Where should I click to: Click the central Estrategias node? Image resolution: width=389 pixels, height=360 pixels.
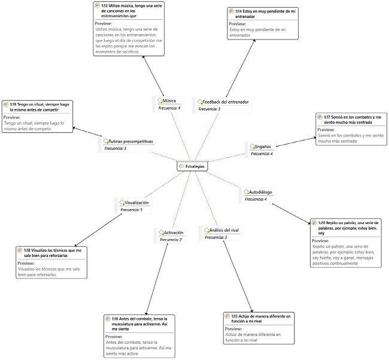point(192,166)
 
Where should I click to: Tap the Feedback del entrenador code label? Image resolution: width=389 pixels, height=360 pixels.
point(225,102)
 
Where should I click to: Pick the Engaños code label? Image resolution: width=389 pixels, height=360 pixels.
point(262,146)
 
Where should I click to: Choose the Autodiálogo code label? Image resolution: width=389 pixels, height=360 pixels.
point(260,192)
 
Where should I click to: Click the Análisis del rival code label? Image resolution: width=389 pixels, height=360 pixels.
point(223,230)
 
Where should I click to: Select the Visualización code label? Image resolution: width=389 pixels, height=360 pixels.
point(137,203)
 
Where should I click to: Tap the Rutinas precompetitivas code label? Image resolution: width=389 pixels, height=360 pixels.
point(130,141)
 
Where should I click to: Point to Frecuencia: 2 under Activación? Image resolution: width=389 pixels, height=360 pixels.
point(171,240)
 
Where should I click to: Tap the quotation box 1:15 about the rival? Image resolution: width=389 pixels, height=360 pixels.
point(259,327)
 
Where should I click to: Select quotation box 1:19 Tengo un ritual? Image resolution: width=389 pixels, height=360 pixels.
point(39,117)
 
